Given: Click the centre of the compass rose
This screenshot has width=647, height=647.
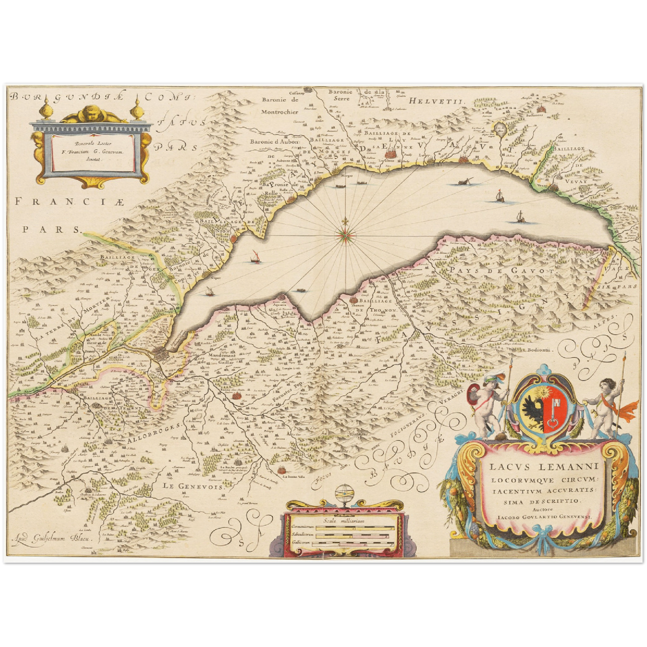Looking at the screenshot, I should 344,233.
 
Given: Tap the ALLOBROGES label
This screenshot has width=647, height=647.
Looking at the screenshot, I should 154,433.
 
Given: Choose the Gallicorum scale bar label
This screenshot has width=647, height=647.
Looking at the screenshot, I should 301,543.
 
